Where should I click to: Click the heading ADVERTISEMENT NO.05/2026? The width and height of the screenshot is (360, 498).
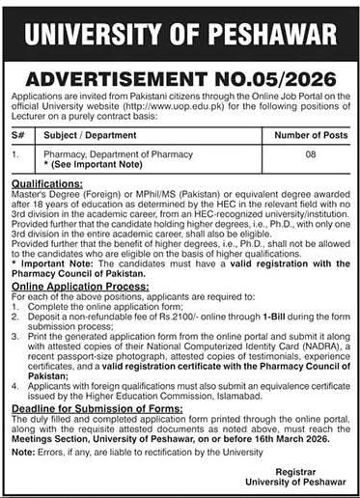coord(180,80)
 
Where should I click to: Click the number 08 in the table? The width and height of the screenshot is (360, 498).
coord(296,152)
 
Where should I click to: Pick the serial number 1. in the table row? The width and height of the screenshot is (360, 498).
coord(14,152)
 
